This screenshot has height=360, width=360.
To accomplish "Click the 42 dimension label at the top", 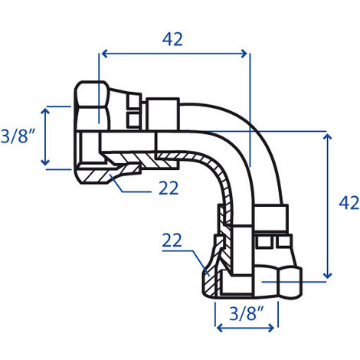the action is pyautogui.click(x=172, y=39).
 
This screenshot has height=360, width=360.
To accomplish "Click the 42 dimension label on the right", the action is pyautogui.click(x=349, y=203).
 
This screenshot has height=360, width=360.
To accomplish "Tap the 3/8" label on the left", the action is pyautogui.click(x=18, y=136).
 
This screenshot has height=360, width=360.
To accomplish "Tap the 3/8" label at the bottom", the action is pyautogui.click(x=246, y=313).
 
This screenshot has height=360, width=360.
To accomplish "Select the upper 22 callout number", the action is pyautogui.click(x=169, y=188).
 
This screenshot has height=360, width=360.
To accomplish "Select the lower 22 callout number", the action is pyautogui.click(x=172, y=241).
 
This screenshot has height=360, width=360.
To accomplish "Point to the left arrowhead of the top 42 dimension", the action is pyautogui.click(x=105, y=54).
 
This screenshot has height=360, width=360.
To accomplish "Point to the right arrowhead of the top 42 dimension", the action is pyautogui.click(x=244, y=54).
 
